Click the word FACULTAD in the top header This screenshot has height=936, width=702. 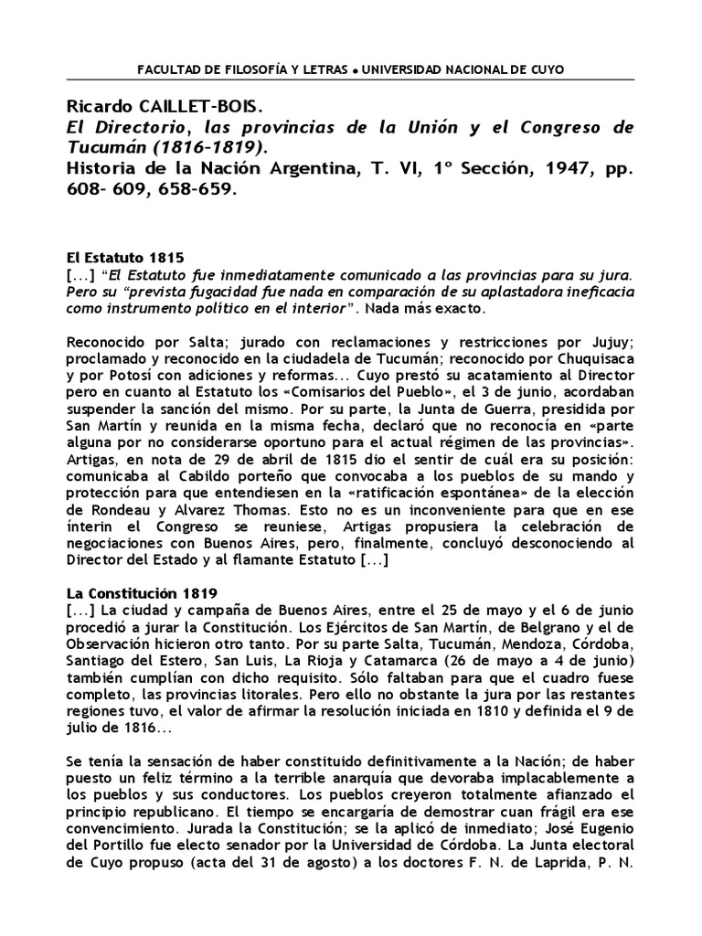click(164, 69)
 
